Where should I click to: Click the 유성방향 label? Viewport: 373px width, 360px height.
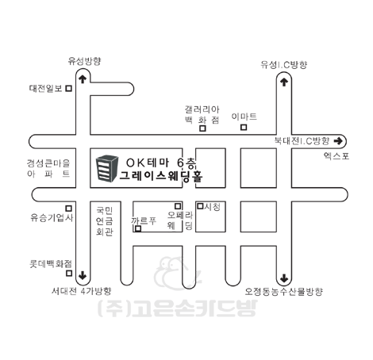point(84,61)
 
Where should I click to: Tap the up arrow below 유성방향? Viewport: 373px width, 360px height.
point(83,79)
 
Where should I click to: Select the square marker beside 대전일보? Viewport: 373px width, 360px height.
point(69,88)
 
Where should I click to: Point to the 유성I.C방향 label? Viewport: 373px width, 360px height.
point(284,65)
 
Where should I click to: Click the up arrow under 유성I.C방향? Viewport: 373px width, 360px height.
point(284,82)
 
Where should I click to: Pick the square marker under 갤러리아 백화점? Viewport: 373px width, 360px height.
point(202,128)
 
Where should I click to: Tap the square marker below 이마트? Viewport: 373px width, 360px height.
point(244,128)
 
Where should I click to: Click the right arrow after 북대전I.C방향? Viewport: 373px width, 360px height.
point(338,141)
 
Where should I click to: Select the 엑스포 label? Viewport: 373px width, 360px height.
point(336,156)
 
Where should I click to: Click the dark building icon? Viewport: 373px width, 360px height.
point(106,169)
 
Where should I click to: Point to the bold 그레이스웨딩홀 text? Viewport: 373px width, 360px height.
point(161,176)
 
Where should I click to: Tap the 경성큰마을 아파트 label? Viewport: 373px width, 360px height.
point(48,168)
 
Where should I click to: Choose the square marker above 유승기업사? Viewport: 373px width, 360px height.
point(69,209)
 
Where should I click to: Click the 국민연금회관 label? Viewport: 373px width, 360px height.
point(105,221)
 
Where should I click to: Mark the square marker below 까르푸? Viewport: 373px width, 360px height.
point(138,229)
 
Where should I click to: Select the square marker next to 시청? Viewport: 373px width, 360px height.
point(201,206)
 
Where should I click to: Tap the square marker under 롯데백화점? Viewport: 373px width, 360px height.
point(69,273)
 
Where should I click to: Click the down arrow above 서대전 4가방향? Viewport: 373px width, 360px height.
point(83,275)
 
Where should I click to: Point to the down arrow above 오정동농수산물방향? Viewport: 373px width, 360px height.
point(284,278)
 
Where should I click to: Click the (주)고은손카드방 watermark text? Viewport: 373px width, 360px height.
point(177,308)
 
